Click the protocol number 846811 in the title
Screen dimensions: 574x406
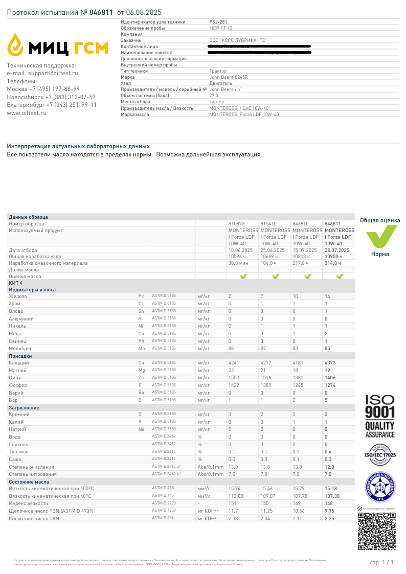101,12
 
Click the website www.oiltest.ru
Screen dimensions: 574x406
27,113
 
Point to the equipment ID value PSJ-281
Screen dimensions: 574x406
218,22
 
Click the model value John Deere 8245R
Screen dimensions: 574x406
229,77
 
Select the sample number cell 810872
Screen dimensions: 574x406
236,223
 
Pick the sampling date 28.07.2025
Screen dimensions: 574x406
337,250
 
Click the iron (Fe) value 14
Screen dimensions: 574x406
328,296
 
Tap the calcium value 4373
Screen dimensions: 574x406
330,363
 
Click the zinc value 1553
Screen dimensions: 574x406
234,378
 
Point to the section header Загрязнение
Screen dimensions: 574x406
24,408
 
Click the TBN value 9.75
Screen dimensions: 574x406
330,511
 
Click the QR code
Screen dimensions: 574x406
376,532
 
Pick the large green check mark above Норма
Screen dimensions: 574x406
380,236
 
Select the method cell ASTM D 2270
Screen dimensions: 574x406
164,503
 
